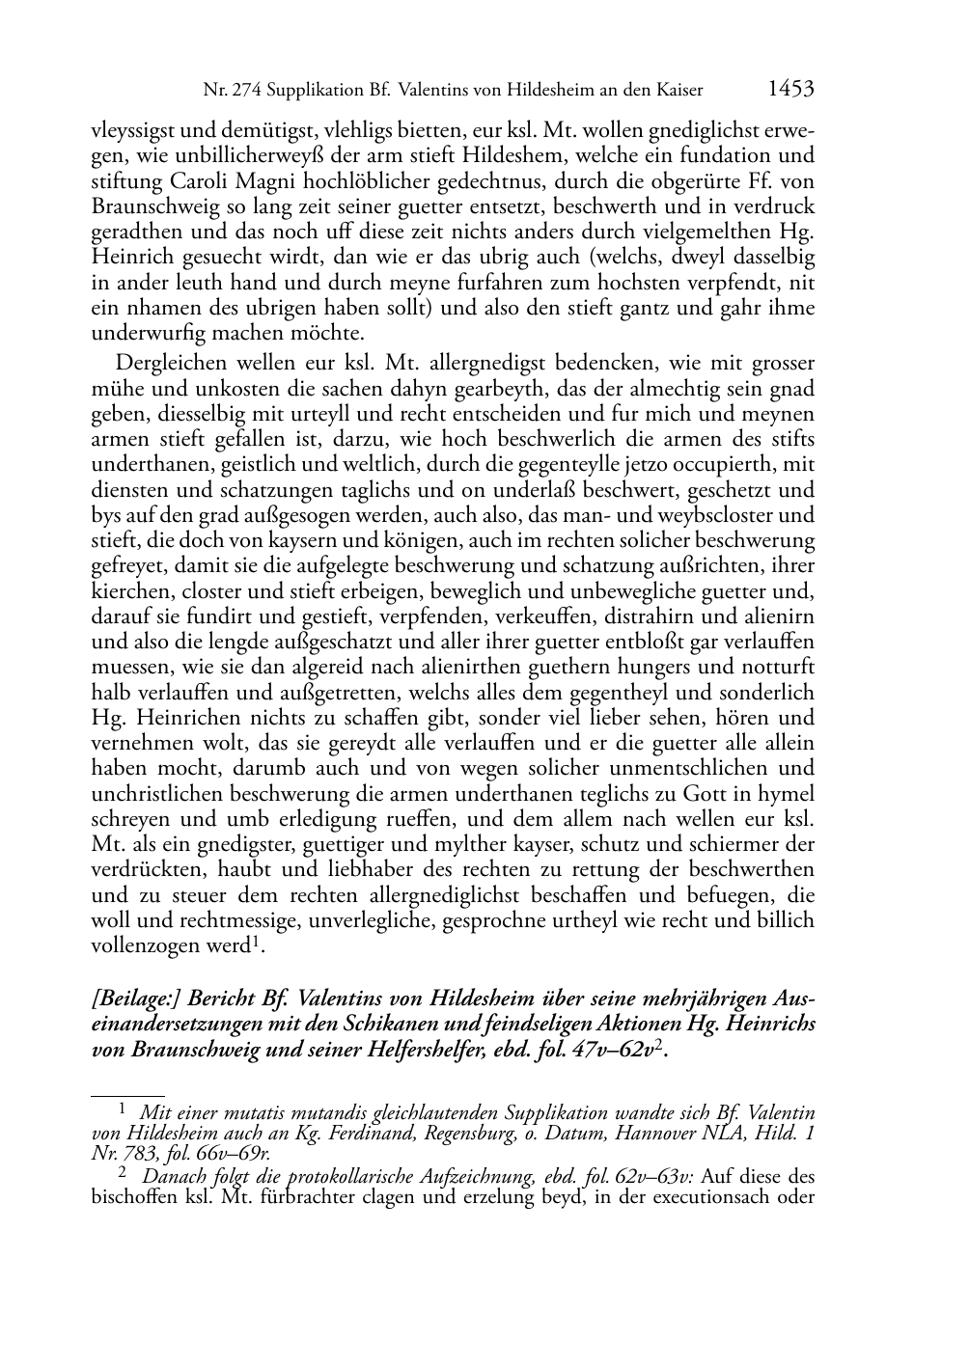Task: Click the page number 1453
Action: (x=791, y=90)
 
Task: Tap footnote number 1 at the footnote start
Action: (x=123, y=1109)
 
